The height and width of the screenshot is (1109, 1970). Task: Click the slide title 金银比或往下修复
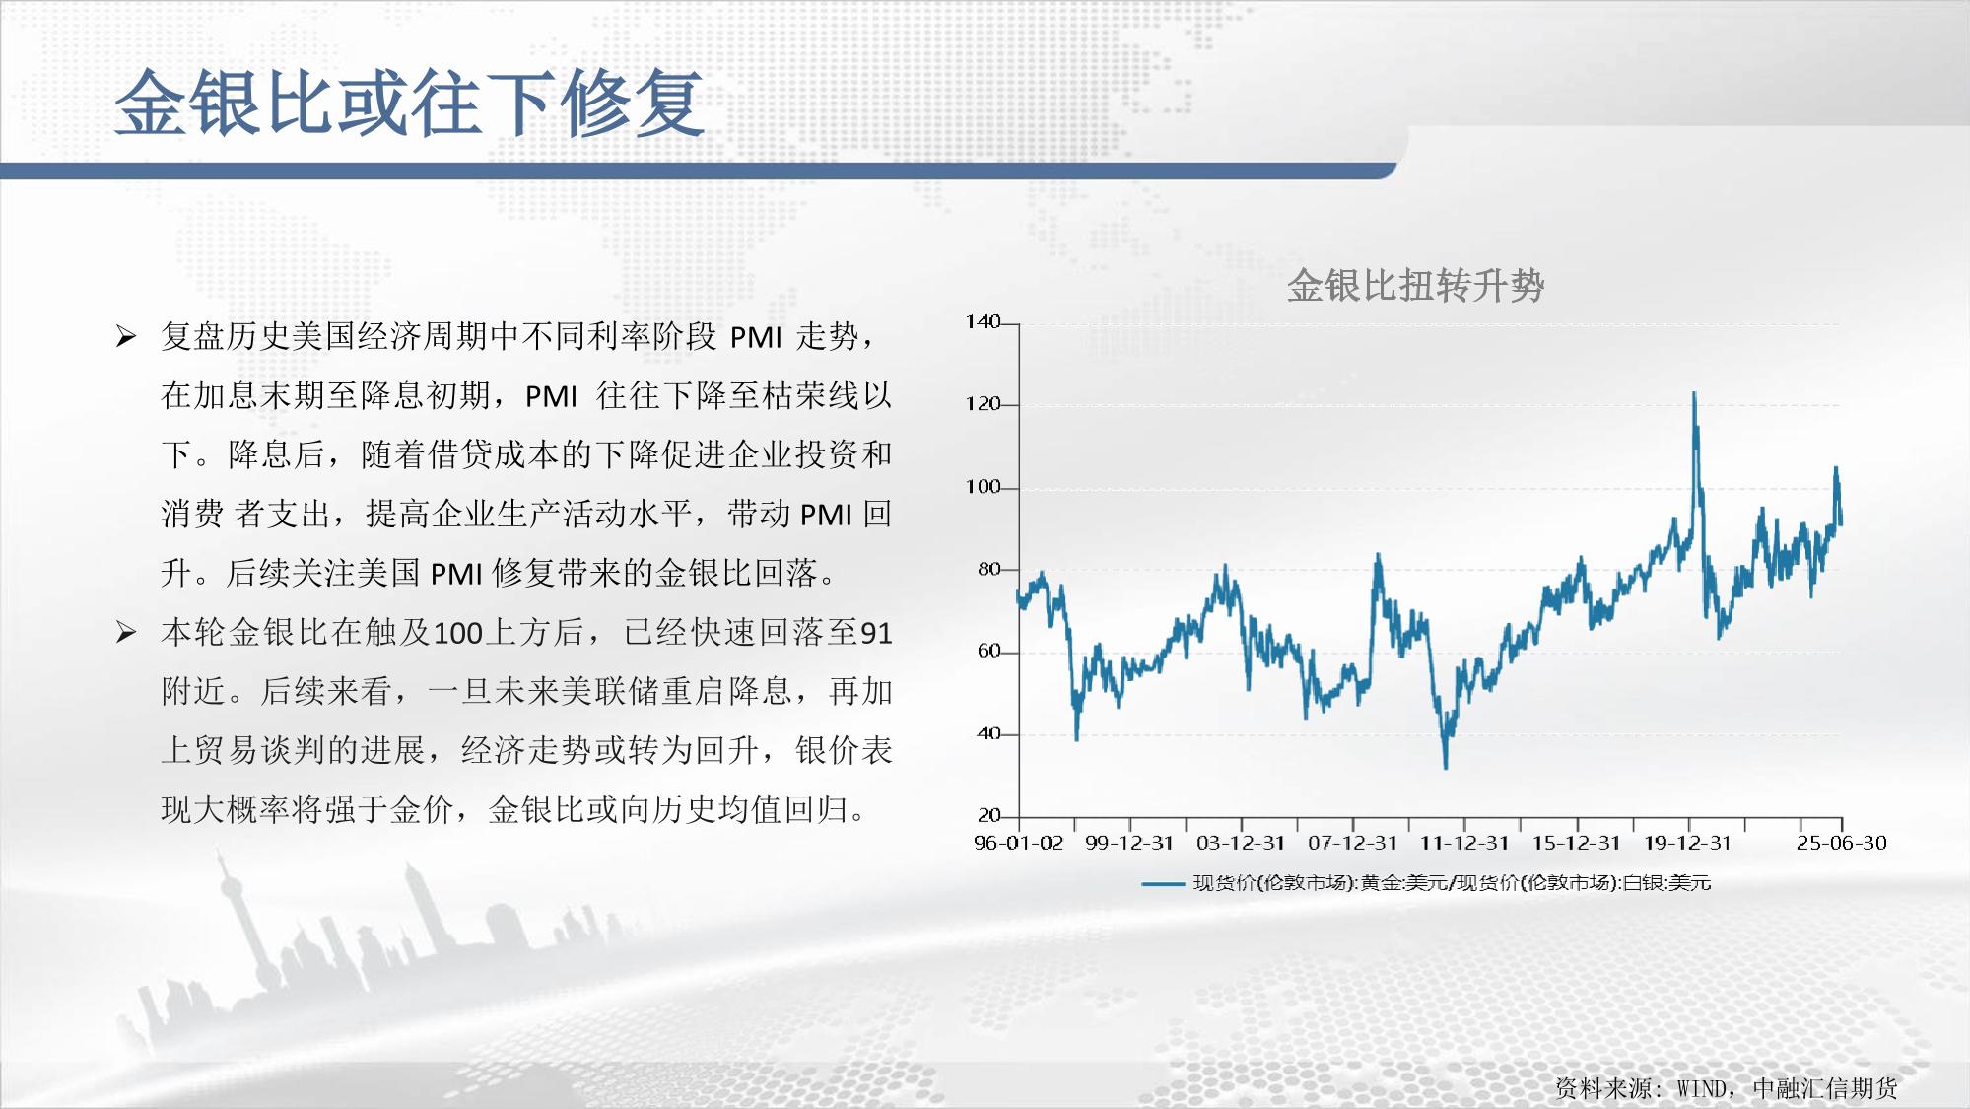point(410,103)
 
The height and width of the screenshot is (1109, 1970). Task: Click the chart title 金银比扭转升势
point(1415,286)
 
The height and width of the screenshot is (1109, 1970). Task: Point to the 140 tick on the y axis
point(983,322)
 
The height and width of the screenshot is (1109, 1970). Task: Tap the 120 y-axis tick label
point(983,404)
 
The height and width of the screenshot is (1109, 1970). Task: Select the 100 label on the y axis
point(983,487)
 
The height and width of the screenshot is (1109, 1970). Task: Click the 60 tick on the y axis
point(988,652)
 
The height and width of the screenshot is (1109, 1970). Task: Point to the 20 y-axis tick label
point(988,815)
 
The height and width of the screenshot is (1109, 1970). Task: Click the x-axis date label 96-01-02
point(1019,843)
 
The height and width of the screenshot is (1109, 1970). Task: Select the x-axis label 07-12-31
point(1352,843)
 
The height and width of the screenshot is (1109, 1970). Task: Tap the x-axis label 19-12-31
point(1687,843)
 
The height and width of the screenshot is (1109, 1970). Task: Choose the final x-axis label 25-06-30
point(1841,843)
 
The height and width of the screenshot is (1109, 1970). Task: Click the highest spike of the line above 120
point(1694,393)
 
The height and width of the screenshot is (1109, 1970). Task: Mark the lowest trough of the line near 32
point(1446,767)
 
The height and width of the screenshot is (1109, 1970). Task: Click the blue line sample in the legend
point(1163,884)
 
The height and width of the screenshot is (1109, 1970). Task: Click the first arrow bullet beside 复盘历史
point(126,337)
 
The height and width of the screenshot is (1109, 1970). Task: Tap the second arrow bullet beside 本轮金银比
point(126,632)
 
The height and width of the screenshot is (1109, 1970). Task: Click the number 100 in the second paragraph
point(457,633)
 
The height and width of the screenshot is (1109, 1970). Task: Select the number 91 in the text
point(876,633)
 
